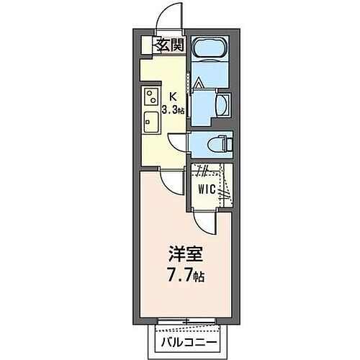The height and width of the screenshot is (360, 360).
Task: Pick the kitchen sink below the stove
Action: click(x=153, y=120)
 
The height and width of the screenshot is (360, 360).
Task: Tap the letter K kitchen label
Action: click(x=173, y=95)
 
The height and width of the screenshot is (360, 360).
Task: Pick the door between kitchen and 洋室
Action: click(x=172, y=184)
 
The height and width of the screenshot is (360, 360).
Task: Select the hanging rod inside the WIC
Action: click(x=226, y=186)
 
